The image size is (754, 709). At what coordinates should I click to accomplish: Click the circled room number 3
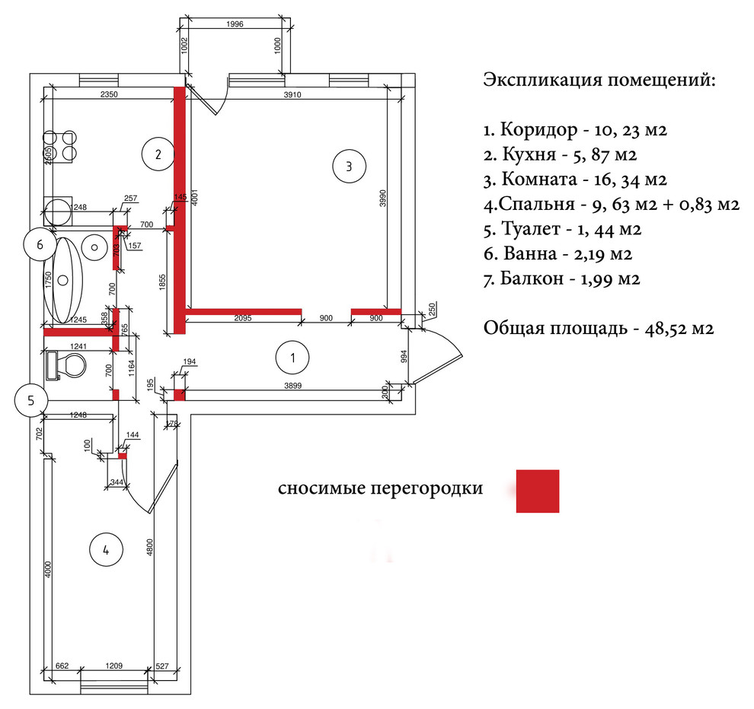(x=349, y=166)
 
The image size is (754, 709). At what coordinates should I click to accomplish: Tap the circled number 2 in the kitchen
(x=158, y=154)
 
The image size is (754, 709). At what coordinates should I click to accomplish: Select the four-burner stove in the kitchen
(x=60, y=146)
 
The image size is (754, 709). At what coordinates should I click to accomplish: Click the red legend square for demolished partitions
(x=537, y=491)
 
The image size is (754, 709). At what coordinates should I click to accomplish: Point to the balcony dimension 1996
(x=235, y=24)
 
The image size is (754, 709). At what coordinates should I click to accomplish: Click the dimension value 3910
(x=294, y=95)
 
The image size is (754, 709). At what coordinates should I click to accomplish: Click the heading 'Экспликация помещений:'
(x=599, y=81)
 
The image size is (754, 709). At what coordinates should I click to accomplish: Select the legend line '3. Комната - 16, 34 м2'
(x=576, y=180)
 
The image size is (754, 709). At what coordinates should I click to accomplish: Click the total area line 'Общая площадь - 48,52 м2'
(x=598, y=329)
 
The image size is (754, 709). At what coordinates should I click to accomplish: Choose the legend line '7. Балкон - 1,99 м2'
(x=561, y=279)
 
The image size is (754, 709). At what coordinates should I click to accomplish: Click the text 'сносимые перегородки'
(x=380, y=488)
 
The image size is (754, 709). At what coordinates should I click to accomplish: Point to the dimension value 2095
(x=242, y=319)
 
